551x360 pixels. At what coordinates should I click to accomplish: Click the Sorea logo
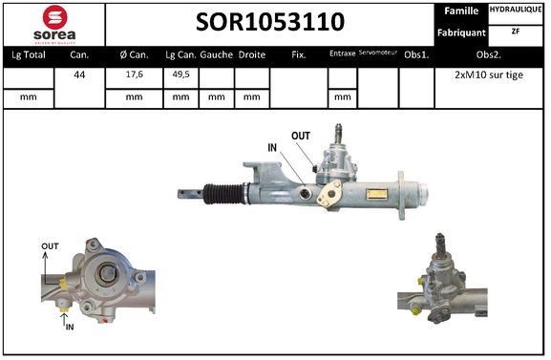coord(53,24)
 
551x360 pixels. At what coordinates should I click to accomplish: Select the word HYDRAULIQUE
coord(517,9)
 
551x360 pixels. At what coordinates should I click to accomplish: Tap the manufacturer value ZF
coord(516,31)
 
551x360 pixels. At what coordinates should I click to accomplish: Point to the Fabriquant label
coord(461,32)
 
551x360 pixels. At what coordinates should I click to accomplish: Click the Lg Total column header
coord(28,55)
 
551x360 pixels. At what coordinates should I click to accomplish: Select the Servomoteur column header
coord(378,54)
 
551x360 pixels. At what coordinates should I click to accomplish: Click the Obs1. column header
coord(416,55)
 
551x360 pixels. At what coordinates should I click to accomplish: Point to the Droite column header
coord(251,55)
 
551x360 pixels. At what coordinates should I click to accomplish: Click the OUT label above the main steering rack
coord(301,136)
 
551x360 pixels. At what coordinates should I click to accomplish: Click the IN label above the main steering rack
coord(272,148)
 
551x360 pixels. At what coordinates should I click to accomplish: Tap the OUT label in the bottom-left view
coord(50,246)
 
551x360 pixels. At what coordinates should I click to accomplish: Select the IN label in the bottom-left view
coord(69,327)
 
